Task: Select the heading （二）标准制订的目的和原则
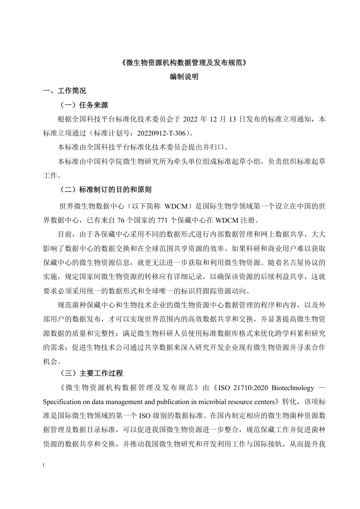(x=106, y=189)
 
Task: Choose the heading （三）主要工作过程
(x=91, y=373)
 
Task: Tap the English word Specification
(x=62, y=401)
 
